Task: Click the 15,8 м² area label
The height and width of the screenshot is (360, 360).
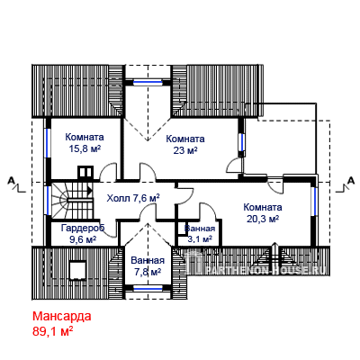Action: (x=85, y=148)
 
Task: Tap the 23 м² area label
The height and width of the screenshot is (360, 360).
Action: (x=185, y=150)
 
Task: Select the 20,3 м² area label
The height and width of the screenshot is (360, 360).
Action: (x=263, y=219)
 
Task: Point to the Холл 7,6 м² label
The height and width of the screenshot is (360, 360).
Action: (x=133, y=198)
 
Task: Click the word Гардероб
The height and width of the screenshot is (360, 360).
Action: (x=83, y=228)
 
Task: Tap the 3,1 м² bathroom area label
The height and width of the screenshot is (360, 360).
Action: (x=200, y=239)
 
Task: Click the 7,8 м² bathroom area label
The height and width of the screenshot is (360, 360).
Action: (x=148, y=272)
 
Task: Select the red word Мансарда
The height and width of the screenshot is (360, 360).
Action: (x=62, y=316)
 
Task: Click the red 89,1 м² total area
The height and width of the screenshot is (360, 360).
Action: (x=53, y=331)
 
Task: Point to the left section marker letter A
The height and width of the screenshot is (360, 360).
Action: (x=11, y=181)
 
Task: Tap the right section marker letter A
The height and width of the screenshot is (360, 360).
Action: (x=350, y=181)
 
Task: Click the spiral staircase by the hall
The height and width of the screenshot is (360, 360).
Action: (x=72, y=201)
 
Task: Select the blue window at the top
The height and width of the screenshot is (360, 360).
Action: (x=148, y=82)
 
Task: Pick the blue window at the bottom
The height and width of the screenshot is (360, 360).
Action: (x=148, y=289)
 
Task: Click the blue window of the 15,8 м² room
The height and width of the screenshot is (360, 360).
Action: (x=48, y=142)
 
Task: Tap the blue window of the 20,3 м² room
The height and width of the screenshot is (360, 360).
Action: (x=313, y=202)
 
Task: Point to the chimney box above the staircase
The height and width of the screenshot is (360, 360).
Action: (x=85, y=173)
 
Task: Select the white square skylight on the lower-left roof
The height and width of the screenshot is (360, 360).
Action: (x=78, y=270)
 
